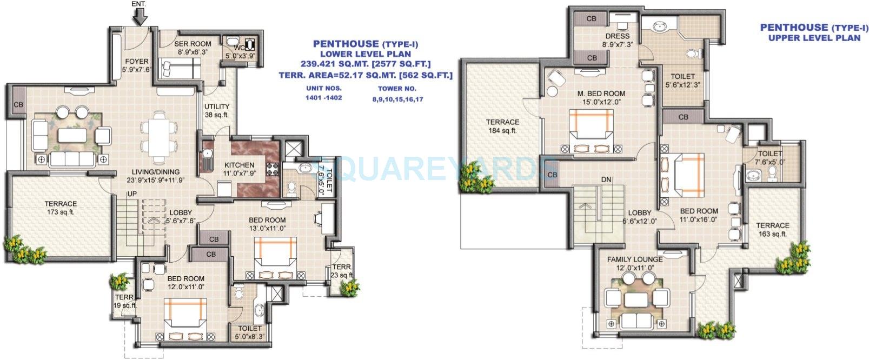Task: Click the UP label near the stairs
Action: [131, 194]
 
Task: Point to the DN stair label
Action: [606, 179]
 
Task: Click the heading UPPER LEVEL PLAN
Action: [814, 38]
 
